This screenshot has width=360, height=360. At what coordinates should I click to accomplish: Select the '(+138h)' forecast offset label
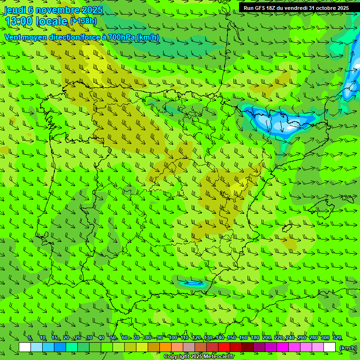pos(83,21)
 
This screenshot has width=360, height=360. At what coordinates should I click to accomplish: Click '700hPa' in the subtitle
pos(121,37)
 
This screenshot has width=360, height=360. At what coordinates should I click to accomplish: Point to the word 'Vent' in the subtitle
pos(13,37)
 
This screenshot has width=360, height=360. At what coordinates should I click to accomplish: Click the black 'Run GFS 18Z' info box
pos(296,8)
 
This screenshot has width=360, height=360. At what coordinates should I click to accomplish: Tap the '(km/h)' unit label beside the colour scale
pos(348,348)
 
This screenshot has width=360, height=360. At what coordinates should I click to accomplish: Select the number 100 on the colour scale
pos(172,338)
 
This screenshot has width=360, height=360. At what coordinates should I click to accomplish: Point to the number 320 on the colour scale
pos(337,338)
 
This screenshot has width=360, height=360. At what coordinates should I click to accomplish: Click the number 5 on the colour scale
pos(30,338)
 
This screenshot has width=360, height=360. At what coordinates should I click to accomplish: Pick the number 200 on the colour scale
pos(267,338)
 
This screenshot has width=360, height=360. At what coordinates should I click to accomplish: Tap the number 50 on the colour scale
pos(113,338)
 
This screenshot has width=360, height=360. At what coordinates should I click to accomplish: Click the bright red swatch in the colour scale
pos(224,347)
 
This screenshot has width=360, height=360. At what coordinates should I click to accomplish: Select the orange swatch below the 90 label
pos(165,347)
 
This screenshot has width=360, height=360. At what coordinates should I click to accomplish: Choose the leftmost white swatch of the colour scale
pos(25,347)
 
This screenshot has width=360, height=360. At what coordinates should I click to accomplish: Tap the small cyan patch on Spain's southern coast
pos(193,283)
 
